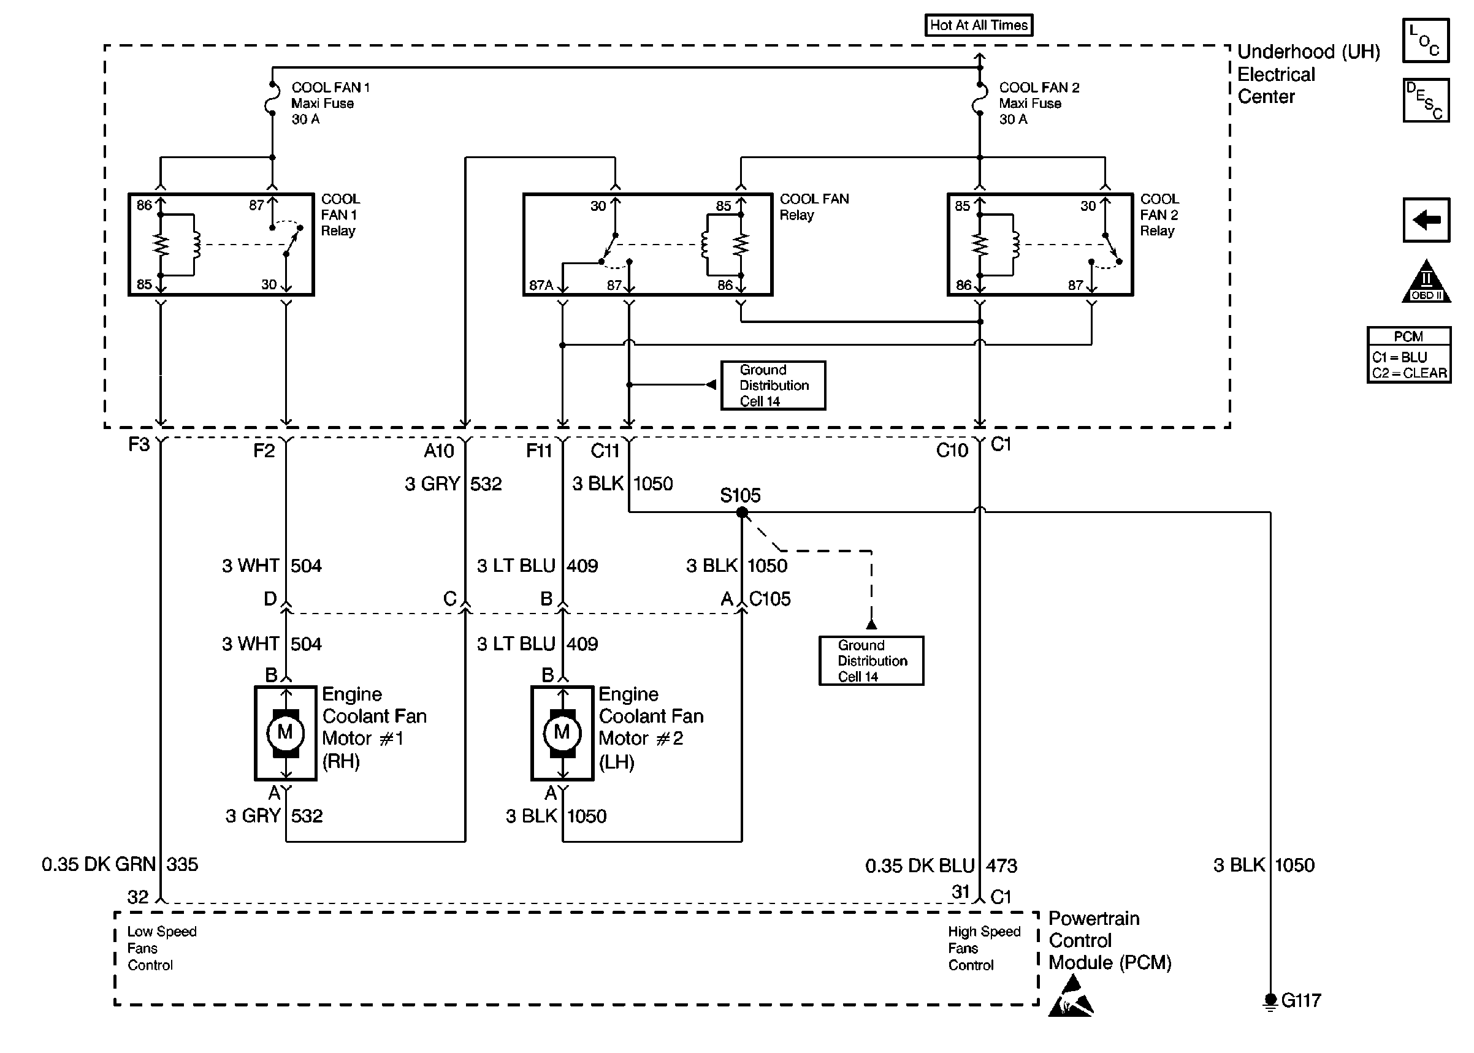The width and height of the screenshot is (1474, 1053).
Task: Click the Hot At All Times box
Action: coord(978,25)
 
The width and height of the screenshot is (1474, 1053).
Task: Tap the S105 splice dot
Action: coord(742,512)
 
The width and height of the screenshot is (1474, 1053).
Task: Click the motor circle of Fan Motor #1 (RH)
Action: coord(285,732)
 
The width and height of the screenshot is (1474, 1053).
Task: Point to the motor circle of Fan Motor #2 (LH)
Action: coord(562,732)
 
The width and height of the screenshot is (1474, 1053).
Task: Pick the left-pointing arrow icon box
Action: coord(1426,220)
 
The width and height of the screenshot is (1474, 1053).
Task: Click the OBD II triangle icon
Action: coord(1426,283)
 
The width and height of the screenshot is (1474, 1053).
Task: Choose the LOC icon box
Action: coord(1426,40)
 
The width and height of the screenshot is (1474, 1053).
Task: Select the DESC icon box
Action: coord(1426,101)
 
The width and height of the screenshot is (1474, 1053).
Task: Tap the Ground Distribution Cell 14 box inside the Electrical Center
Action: coord(773,386)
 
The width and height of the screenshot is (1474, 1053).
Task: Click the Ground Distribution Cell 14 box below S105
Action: coord(871,661)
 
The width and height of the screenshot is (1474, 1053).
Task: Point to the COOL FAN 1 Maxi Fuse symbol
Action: coord(272,101)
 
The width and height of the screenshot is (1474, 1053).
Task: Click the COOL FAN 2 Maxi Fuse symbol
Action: coord(979,101)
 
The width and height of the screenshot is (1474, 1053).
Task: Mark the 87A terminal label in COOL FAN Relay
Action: coord(541,285)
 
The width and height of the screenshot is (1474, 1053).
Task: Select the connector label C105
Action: coord(769,599)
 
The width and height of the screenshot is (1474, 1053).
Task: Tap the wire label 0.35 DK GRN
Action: coord(99,864)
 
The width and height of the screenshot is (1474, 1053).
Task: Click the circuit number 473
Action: coord(1002,865)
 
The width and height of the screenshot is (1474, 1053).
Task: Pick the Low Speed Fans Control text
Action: coord(161,948)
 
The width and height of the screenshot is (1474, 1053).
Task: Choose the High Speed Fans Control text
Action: coord(983,948)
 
